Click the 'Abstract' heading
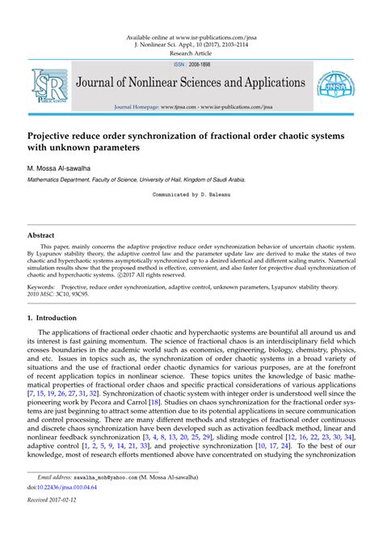tap(41, 235)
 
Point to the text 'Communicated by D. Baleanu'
tap(191, 195)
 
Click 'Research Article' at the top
tap(191, 52)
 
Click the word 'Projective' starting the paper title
tap(54, 135)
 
